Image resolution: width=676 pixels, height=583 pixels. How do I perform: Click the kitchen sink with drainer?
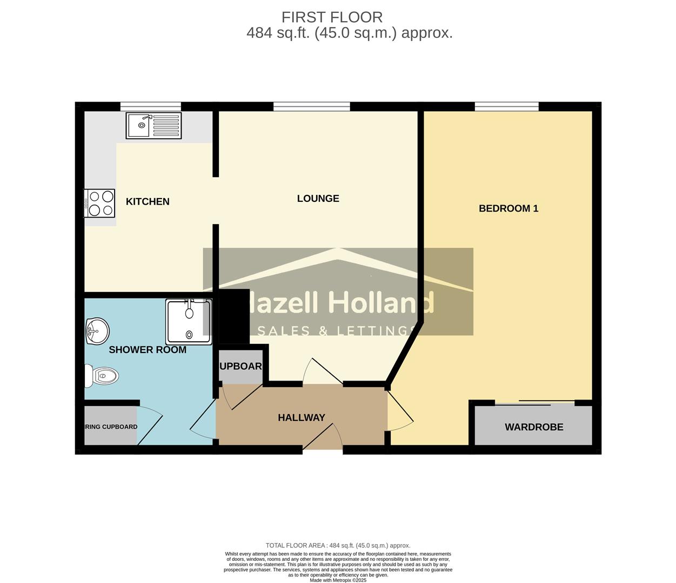pos(153,125)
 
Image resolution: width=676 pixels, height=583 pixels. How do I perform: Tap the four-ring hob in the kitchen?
pos(100,203)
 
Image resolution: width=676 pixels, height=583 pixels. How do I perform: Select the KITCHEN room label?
pos(148,201)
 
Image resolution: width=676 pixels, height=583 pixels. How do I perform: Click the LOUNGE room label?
pos(318,198)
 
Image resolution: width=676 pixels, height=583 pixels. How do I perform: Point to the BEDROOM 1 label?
pos(508,208)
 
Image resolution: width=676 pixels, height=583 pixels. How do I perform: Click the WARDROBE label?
pos(534,427)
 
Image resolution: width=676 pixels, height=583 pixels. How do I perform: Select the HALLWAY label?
pos(302,417)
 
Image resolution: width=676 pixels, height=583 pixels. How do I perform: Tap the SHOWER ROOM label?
pos(148,350)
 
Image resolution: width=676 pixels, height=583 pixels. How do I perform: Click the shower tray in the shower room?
pos(189,322)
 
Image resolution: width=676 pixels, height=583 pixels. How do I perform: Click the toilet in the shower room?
pos(102,376)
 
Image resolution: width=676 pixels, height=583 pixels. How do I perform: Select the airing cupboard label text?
pos(111,426)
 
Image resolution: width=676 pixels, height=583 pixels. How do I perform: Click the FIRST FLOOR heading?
pos(332,17)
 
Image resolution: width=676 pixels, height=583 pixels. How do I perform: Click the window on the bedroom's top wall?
pos(506,106)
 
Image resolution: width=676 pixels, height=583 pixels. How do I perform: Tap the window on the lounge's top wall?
pos(311,106)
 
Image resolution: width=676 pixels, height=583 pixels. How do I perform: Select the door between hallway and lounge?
pos(323,372)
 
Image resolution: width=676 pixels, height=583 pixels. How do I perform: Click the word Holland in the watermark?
pos(381,303)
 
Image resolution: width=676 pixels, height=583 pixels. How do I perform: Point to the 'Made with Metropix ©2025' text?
pos(338,580)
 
